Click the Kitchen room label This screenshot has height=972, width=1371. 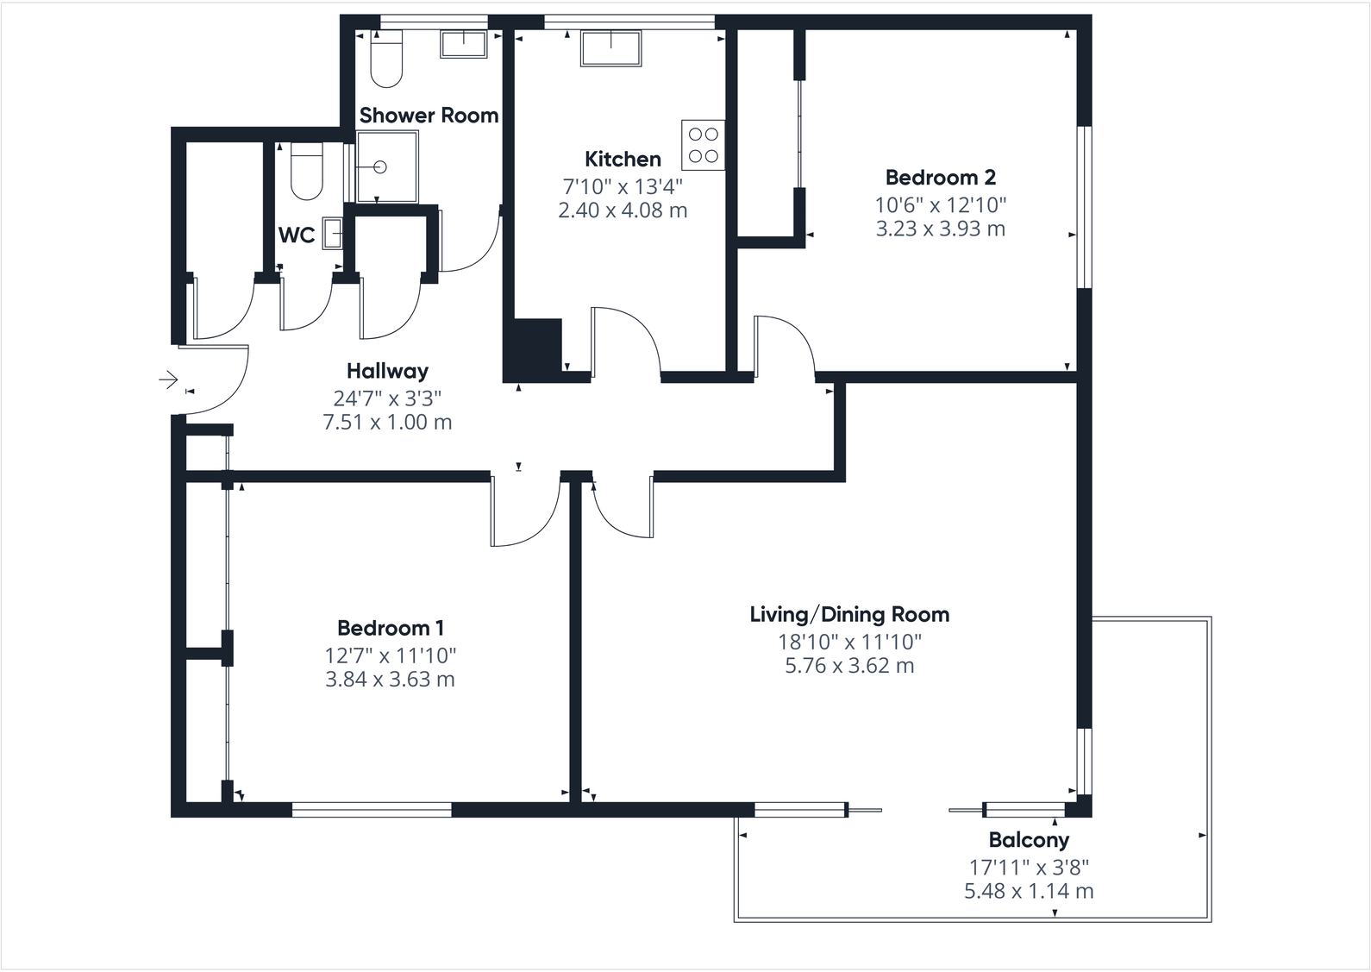click(623, 159)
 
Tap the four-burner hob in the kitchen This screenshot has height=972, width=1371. click(703, 145)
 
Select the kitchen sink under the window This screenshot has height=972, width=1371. click(610, 48)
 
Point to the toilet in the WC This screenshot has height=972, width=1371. click(306, 172)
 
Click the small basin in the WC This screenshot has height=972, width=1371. click(332, 234)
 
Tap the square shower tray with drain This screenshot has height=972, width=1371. click(387, 167)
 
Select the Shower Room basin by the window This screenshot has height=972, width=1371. click(464, 44)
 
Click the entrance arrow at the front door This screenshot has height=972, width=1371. click(168, 379)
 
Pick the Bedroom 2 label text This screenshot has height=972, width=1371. click(940, 178)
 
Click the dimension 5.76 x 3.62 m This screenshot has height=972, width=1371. click(849, 666)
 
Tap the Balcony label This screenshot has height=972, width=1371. click(1029, 840)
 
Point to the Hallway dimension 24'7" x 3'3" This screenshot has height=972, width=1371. click(387, 398)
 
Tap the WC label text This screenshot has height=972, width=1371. click(296, 235)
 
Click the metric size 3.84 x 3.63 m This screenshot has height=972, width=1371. click(390, 680)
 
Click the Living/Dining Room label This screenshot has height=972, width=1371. click(849, 615)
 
